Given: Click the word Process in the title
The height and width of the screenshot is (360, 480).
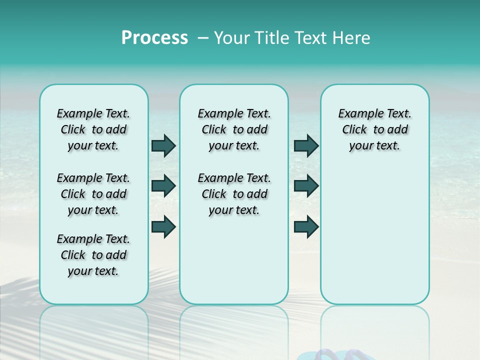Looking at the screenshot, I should click(154, 38).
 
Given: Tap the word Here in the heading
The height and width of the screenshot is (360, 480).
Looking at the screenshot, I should click(352, 38).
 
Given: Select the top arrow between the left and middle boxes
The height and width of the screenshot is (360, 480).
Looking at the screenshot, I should click(163, 145).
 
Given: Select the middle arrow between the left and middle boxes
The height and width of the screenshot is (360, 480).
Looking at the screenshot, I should click(163, 186).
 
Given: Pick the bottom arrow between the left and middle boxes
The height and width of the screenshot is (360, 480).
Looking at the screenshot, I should click(163, 226).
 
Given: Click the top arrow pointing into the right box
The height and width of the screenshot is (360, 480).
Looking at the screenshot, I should click(306, 145).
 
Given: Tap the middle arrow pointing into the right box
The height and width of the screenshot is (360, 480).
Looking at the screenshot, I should click(306, 186).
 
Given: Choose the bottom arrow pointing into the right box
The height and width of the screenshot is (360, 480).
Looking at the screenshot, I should click(306, 226).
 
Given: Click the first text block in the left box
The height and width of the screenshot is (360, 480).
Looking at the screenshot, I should click(93, 129).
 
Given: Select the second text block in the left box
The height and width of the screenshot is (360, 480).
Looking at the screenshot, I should click(93, 194).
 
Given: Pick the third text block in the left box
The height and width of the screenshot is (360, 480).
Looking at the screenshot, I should click(93, 255).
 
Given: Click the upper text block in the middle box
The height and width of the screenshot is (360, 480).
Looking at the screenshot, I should click(234, 129).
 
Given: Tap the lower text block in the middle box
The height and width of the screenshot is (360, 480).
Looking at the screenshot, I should click(234, 194).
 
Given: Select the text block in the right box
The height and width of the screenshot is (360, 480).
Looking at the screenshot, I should click(374, 129).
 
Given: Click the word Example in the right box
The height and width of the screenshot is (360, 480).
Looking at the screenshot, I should click(358, 114).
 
